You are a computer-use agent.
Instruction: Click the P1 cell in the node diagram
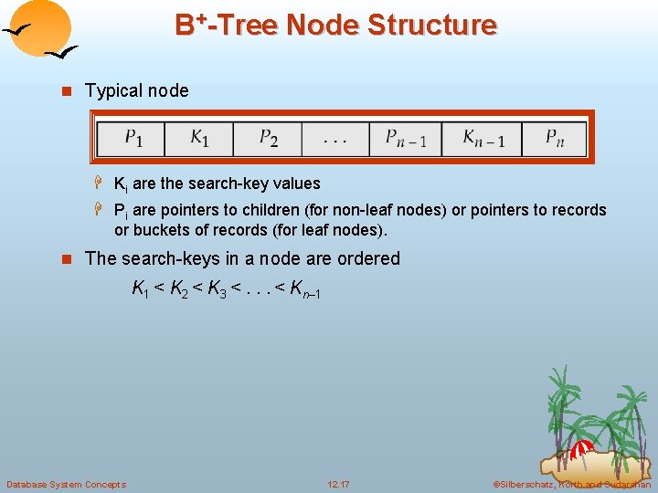(133, 138)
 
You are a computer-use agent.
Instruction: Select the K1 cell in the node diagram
(199, 138)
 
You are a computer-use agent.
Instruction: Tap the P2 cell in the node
(268, 138)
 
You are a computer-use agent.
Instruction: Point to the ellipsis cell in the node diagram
(334, 139)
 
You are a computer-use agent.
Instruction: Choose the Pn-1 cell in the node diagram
(406, 138)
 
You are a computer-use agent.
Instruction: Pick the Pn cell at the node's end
(555, 138)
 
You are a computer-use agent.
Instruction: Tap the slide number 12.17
(339, 484)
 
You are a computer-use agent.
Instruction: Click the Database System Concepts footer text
(66, 484)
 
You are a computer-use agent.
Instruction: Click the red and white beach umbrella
(582, 448)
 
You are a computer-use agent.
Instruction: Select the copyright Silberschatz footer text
(572, 484)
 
